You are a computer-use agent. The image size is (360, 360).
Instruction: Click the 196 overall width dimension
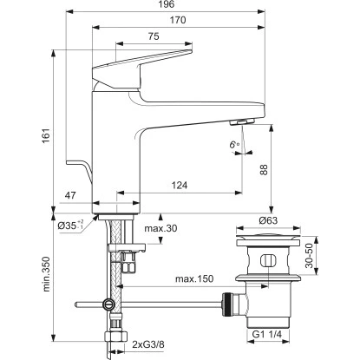click(x=167, y=4)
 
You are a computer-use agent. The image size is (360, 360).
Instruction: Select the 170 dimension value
click(x=178, y=20)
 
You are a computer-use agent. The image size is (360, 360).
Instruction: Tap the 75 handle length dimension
click(x=154, y=36)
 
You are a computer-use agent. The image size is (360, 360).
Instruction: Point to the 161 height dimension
click(x=47, y=136)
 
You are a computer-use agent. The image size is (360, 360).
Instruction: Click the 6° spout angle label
click(x=234, y=144)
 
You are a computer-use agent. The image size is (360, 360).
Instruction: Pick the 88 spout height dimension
click(x=264, y=170)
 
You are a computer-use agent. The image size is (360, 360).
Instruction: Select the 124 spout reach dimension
click(x=180, y=185)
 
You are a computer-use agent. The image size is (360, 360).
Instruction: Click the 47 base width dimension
click(x=70, y=195)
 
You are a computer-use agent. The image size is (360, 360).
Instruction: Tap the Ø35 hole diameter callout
click(x=71, y=226)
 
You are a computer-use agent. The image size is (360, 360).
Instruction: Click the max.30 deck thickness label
click(x=160, y=228)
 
